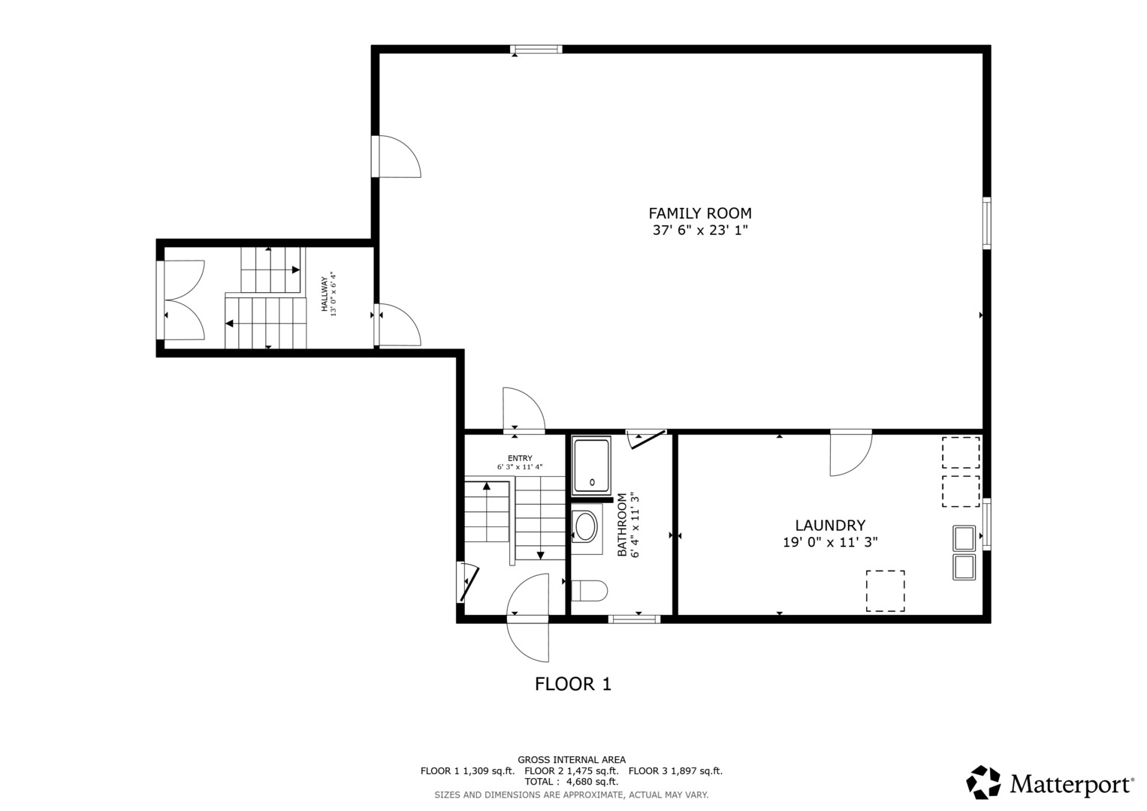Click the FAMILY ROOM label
coord(699,213)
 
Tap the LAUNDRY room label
coord(830,526)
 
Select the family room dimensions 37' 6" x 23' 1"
coord(699,231)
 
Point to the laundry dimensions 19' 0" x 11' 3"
coord(830,542)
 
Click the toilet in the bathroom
coord(589,591)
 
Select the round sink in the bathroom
coord(585,528)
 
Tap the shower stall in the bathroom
coord(592,466)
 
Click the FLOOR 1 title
coord(572,684)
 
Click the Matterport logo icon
coord(983,782)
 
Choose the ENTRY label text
coord(519,458)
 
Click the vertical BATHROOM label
coord(622,526)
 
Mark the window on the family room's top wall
coord(536,50)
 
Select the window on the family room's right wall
coord(986,223)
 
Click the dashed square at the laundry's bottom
coord(885,591)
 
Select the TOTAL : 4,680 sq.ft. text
coord(571,782)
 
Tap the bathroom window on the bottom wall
coord(634,619)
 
